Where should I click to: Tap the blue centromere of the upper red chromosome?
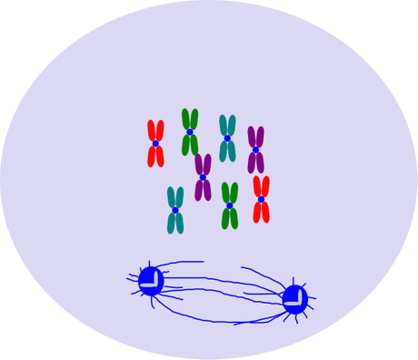coord(155,144)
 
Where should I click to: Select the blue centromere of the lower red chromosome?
coord(261,199)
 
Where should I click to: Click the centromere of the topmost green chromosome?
coord(190,133)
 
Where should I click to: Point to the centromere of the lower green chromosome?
coord(230,205)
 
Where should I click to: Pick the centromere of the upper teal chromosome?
coord(227,138)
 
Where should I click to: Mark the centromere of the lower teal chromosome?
coord(175,210)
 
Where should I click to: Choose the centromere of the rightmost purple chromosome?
coord(256,150)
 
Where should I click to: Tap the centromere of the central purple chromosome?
coord(203,177)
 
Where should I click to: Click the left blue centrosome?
coord(151,281)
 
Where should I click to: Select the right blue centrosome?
coord(294,299)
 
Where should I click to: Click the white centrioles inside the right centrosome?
coord(294,300)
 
